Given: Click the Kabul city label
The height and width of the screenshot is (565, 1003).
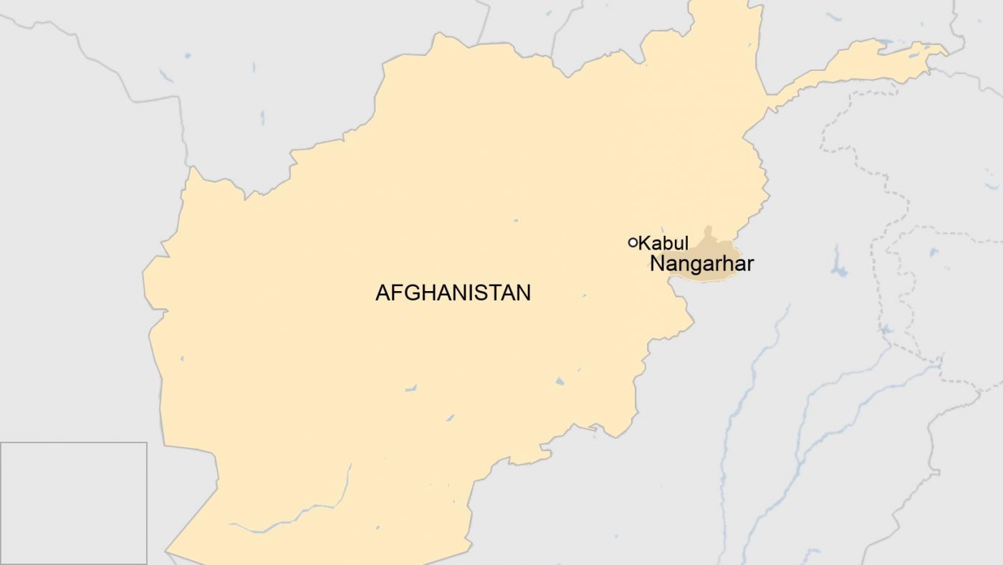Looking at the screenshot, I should coord(663,243).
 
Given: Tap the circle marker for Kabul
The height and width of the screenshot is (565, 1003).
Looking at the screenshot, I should coord(633,242).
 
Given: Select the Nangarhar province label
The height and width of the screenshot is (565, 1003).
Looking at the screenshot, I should coord(701,265).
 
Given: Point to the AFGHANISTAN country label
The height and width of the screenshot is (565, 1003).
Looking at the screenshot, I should coord(453,293).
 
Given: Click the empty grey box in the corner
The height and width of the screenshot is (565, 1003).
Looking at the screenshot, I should coord(73,503).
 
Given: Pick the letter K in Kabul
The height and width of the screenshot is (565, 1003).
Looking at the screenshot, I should coord(645,243).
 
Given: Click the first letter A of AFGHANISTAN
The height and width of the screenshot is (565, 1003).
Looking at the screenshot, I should coord(382,293).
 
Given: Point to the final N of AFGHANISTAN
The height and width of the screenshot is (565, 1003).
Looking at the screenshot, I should coord(524,293).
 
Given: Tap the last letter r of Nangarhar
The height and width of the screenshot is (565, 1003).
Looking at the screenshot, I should coord(750,265).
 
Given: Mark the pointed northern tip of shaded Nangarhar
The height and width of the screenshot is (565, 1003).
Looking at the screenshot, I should coord(708,230).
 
